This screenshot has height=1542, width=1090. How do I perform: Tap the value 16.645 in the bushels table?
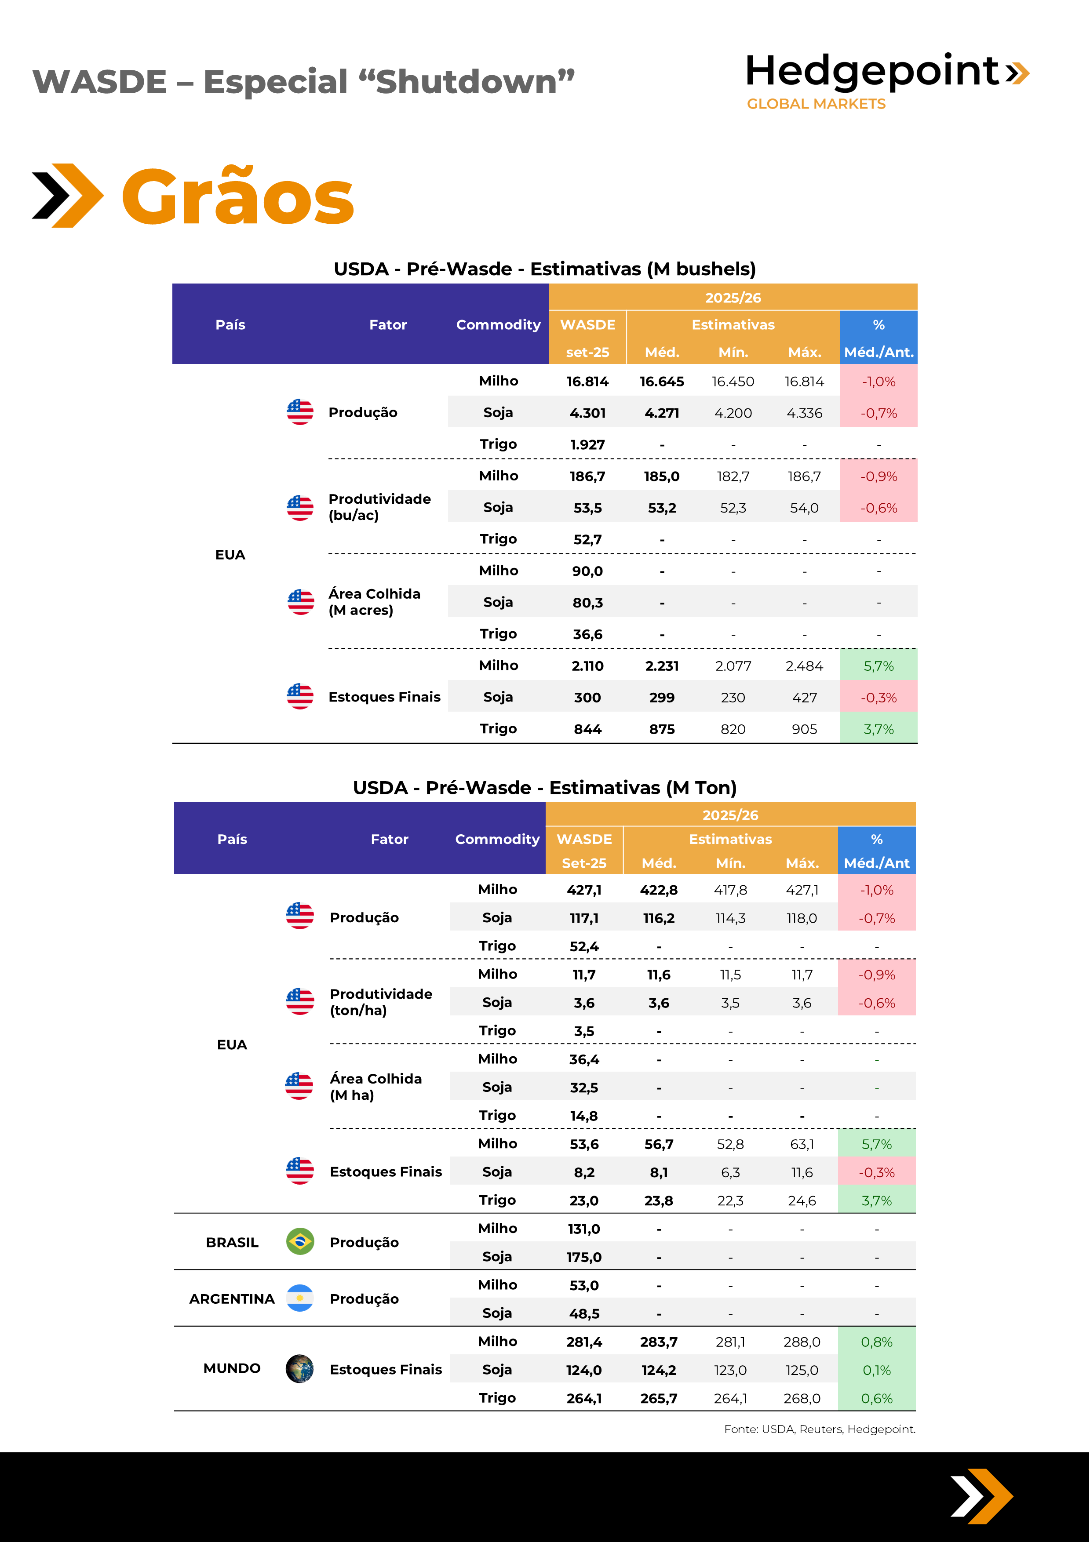(x=662, y=382)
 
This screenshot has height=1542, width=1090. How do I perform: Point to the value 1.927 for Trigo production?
(x=587, y=444)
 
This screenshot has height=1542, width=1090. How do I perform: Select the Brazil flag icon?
(x=299, y=1242)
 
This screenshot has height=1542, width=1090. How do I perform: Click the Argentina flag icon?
(x=299, y=1298)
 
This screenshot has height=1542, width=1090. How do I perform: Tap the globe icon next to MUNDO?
(x=299, y=1369)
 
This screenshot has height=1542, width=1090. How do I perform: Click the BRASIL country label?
(x=232, y=1243)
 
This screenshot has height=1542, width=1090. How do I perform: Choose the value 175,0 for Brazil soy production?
(x=583, y=1257)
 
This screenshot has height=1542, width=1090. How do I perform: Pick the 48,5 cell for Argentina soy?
(x=583, y=1314)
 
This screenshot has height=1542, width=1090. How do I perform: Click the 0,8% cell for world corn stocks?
(x=876, y=1342)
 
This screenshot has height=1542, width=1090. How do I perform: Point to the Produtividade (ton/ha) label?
(x=381, y=1002)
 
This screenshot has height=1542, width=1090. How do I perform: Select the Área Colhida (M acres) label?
(x=374, y=602)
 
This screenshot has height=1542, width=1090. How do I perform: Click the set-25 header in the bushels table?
(x=587, y=352)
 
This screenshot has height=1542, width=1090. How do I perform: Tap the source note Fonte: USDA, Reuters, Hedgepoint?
(x=819, y=1429)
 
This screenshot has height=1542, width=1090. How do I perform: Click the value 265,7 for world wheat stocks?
(x=658, y=1398)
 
